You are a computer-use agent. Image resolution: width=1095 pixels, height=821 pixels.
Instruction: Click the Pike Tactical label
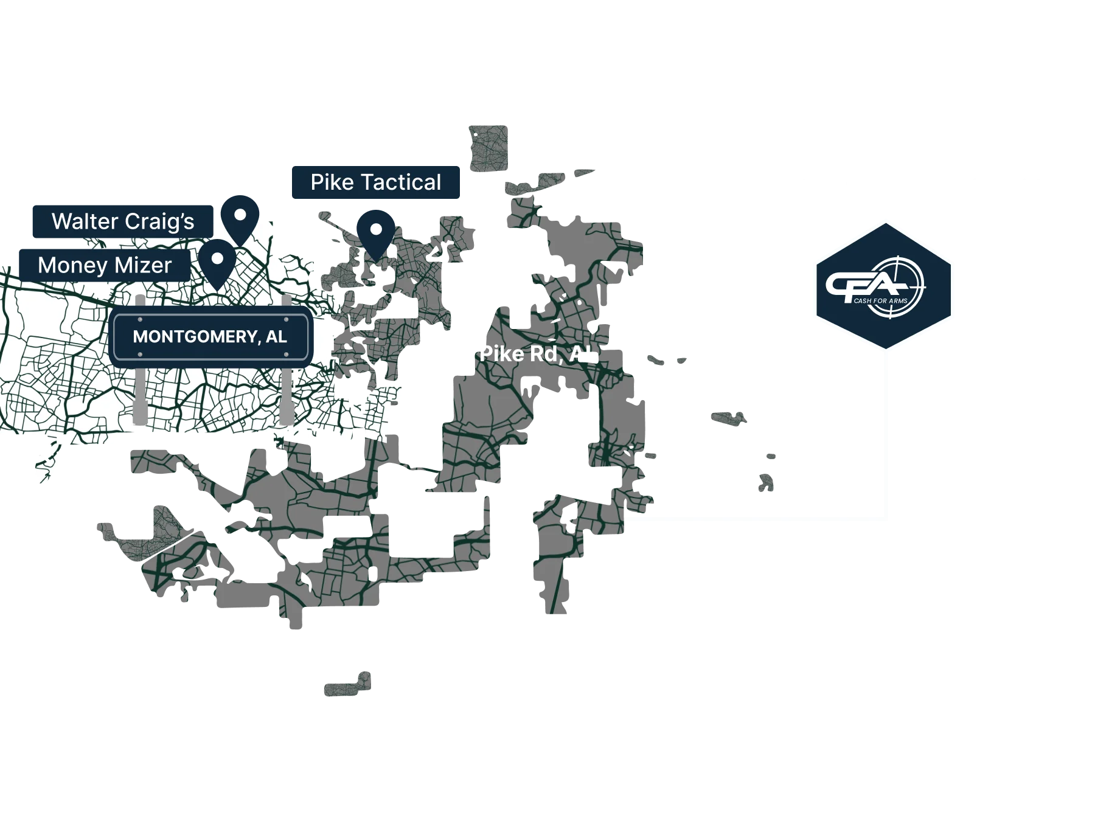coord(376,182)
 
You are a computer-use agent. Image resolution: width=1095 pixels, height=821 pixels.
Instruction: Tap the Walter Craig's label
coord(122,221)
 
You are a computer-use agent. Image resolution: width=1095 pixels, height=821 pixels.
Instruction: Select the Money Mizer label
coord(105,265)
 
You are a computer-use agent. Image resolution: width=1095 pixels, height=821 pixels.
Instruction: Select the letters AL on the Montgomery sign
coord(276,337)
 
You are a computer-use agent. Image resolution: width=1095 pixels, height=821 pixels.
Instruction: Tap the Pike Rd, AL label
coord(538,354)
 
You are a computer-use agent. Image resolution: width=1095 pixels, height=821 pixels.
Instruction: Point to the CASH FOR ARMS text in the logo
coord(880,300)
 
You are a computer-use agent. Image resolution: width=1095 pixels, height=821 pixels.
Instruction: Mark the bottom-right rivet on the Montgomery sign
coord(286,354)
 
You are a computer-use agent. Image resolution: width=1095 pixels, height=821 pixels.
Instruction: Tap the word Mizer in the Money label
coord(142,265)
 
